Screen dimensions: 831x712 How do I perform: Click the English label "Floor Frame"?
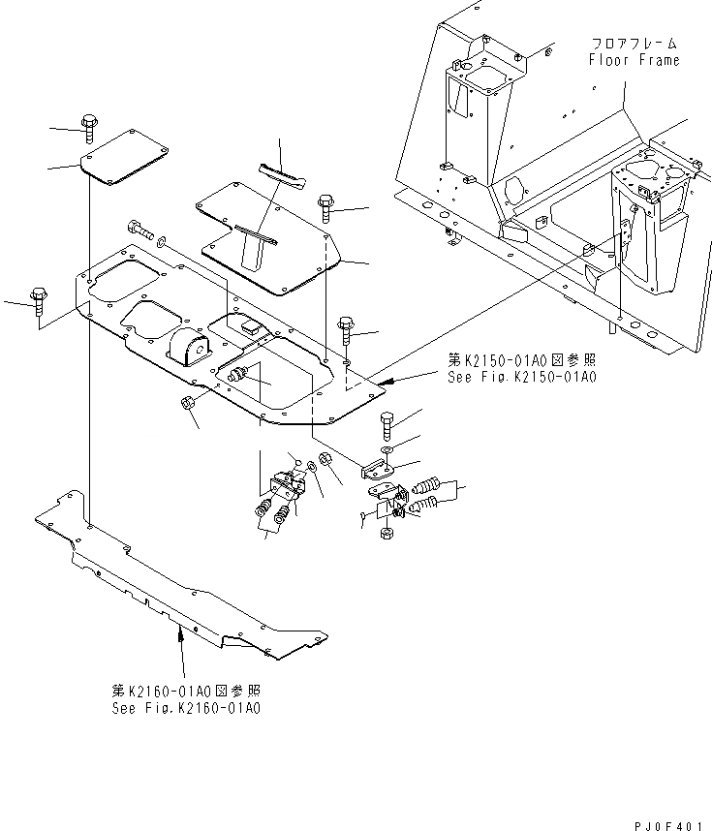click(x=635, y=60)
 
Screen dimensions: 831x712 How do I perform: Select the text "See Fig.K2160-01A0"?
click(x=185, y=708)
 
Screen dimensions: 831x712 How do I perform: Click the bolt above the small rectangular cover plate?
click(x=89, y=124)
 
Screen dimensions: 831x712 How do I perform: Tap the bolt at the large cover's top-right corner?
click(x=325, y=207)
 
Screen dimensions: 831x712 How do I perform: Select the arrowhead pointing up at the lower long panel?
click(x=180, y=633)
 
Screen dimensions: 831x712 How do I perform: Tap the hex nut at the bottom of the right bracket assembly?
click(x=385, y=534)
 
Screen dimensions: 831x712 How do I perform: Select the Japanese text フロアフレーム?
click(x=635, y=45)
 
